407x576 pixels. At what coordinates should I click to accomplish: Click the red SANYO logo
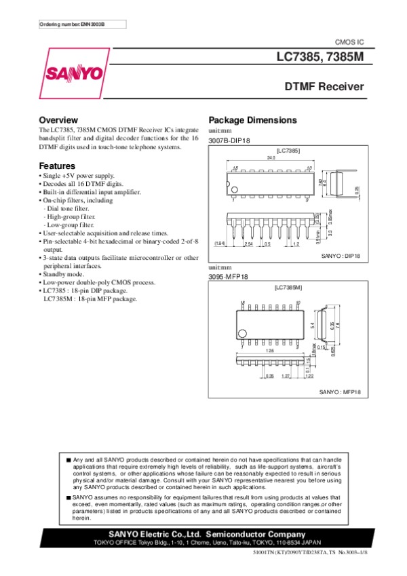coord(74,73)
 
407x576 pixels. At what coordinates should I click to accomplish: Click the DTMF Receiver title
coord(324,87)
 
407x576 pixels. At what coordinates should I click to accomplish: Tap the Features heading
coord(57,166)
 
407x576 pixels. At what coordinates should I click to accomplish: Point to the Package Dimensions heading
coord(252,120)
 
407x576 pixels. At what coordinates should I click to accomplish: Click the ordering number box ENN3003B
coord(72,24)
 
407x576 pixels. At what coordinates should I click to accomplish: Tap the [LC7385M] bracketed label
coord(288,288)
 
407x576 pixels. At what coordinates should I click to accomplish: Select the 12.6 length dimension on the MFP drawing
coord(269,351)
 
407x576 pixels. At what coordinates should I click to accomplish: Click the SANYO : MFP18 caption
coord(341,392)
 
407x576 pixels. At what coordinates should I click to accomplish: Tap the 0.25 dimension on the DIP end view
coord(357,191)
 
